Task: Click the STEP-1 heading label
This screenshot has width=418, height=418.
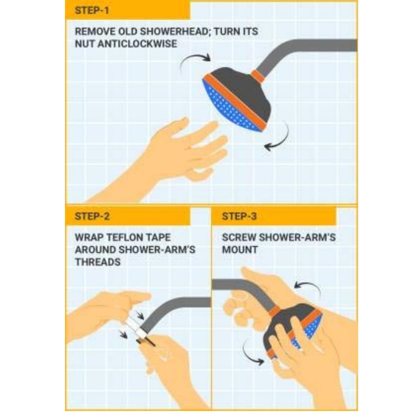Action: click(92, 11)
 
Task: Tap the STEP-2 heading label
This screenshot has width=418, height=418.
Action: click(92, 216)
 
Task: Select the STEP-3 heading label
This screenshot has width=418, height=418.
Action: click(239, 216)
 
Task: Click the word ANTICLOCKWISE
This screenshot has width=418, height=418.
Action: click(137, 44)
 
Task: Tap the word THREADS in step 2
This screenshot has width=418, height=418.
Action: click(98, 262)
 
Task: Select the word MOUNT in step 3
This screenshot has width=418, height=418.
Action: click(240, 250)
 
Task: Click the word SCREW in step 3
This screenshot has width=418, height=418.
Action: click(238, 237)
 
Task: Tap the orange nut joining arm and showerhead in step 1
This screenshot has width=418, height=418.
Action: click(258, 76)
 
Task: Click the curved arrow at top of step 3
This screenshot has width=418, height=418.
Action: click(309, 286)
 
